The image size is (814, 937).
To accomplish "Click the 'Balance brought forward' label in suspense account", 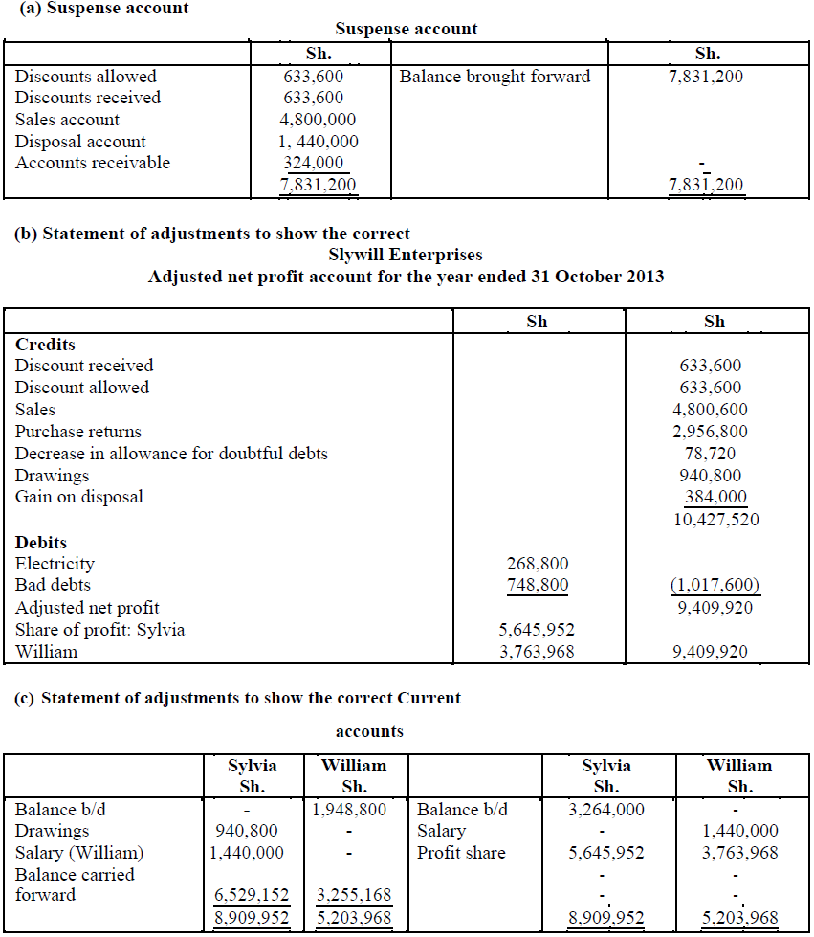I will coord(495,77).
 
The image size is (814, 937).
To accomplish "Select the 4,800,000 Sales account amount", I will coord(319,120).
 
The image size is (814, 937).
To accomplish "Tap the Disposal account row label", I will coord(80,142).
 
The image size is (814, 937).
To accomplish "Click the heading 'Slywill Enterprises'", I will coord(406,255).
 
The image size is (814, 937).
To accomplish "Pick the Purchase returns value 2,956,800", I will coord(710,432).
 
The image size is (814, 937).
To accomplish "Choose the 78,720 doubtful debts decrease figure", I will coord(710,454).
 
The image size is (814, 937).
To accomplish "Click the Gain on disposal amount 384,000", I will coord(715,497).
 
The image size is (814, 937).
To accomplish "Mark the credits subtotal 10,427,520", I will coord(710,519).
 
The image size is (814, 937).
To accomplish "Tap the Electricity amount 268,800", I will coord(537,564).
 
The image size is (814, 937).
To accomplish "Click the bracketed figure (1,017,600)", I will coord(710,585).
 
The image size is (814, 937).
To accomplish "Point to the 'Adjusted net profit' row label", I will coord(87,608).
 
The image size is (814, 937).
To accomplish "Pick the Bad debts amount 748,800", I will coord(537,585).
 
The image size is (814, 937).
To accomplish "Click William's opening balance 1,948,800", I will coord(349,810).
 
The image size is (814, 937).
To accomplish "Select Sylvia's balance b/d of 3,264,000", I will coord(605,810).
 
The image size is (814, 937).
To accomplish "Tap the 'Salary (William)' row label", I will coord(76,853).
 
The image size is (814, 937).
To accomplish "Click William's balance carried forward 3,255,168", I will coord(351,896).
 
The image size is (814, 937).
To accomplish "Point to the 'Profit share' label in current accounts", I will coord(461,853).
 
